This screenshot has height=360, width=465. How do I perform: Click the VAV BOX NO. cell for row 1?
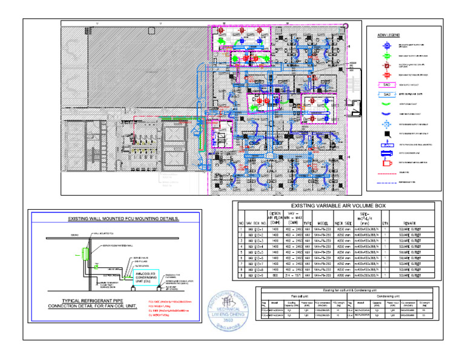[x=253, y=231]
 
